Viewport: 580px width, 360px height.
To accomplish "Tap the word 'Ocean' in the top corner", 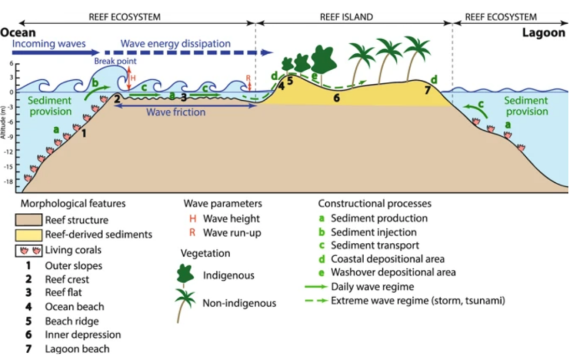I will (18, 33).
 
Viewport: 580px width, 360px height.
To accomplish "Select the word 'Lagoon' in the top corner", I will (544, 33).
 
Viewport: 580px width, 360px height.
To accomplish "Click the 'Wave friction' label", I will (176, 112).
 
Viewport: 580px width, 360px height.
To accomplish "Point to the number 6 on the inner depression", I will (336, 98).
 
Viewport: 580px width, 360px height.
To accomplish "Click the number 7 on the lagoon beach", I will (428, 91).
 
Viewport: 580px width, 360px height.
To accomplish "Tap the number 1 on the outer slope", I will (84, 134).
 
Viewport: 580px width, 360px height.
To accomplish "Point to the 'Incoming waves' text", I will (49, 44).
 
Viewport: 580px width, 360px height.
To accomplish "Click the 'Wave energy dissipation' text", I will (176, 44).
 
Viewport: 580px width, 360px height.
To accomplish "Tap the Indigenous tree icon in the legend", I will (185, 275).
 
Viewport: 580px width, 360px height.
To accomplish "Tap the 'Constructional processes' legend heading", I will (374, 203).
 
